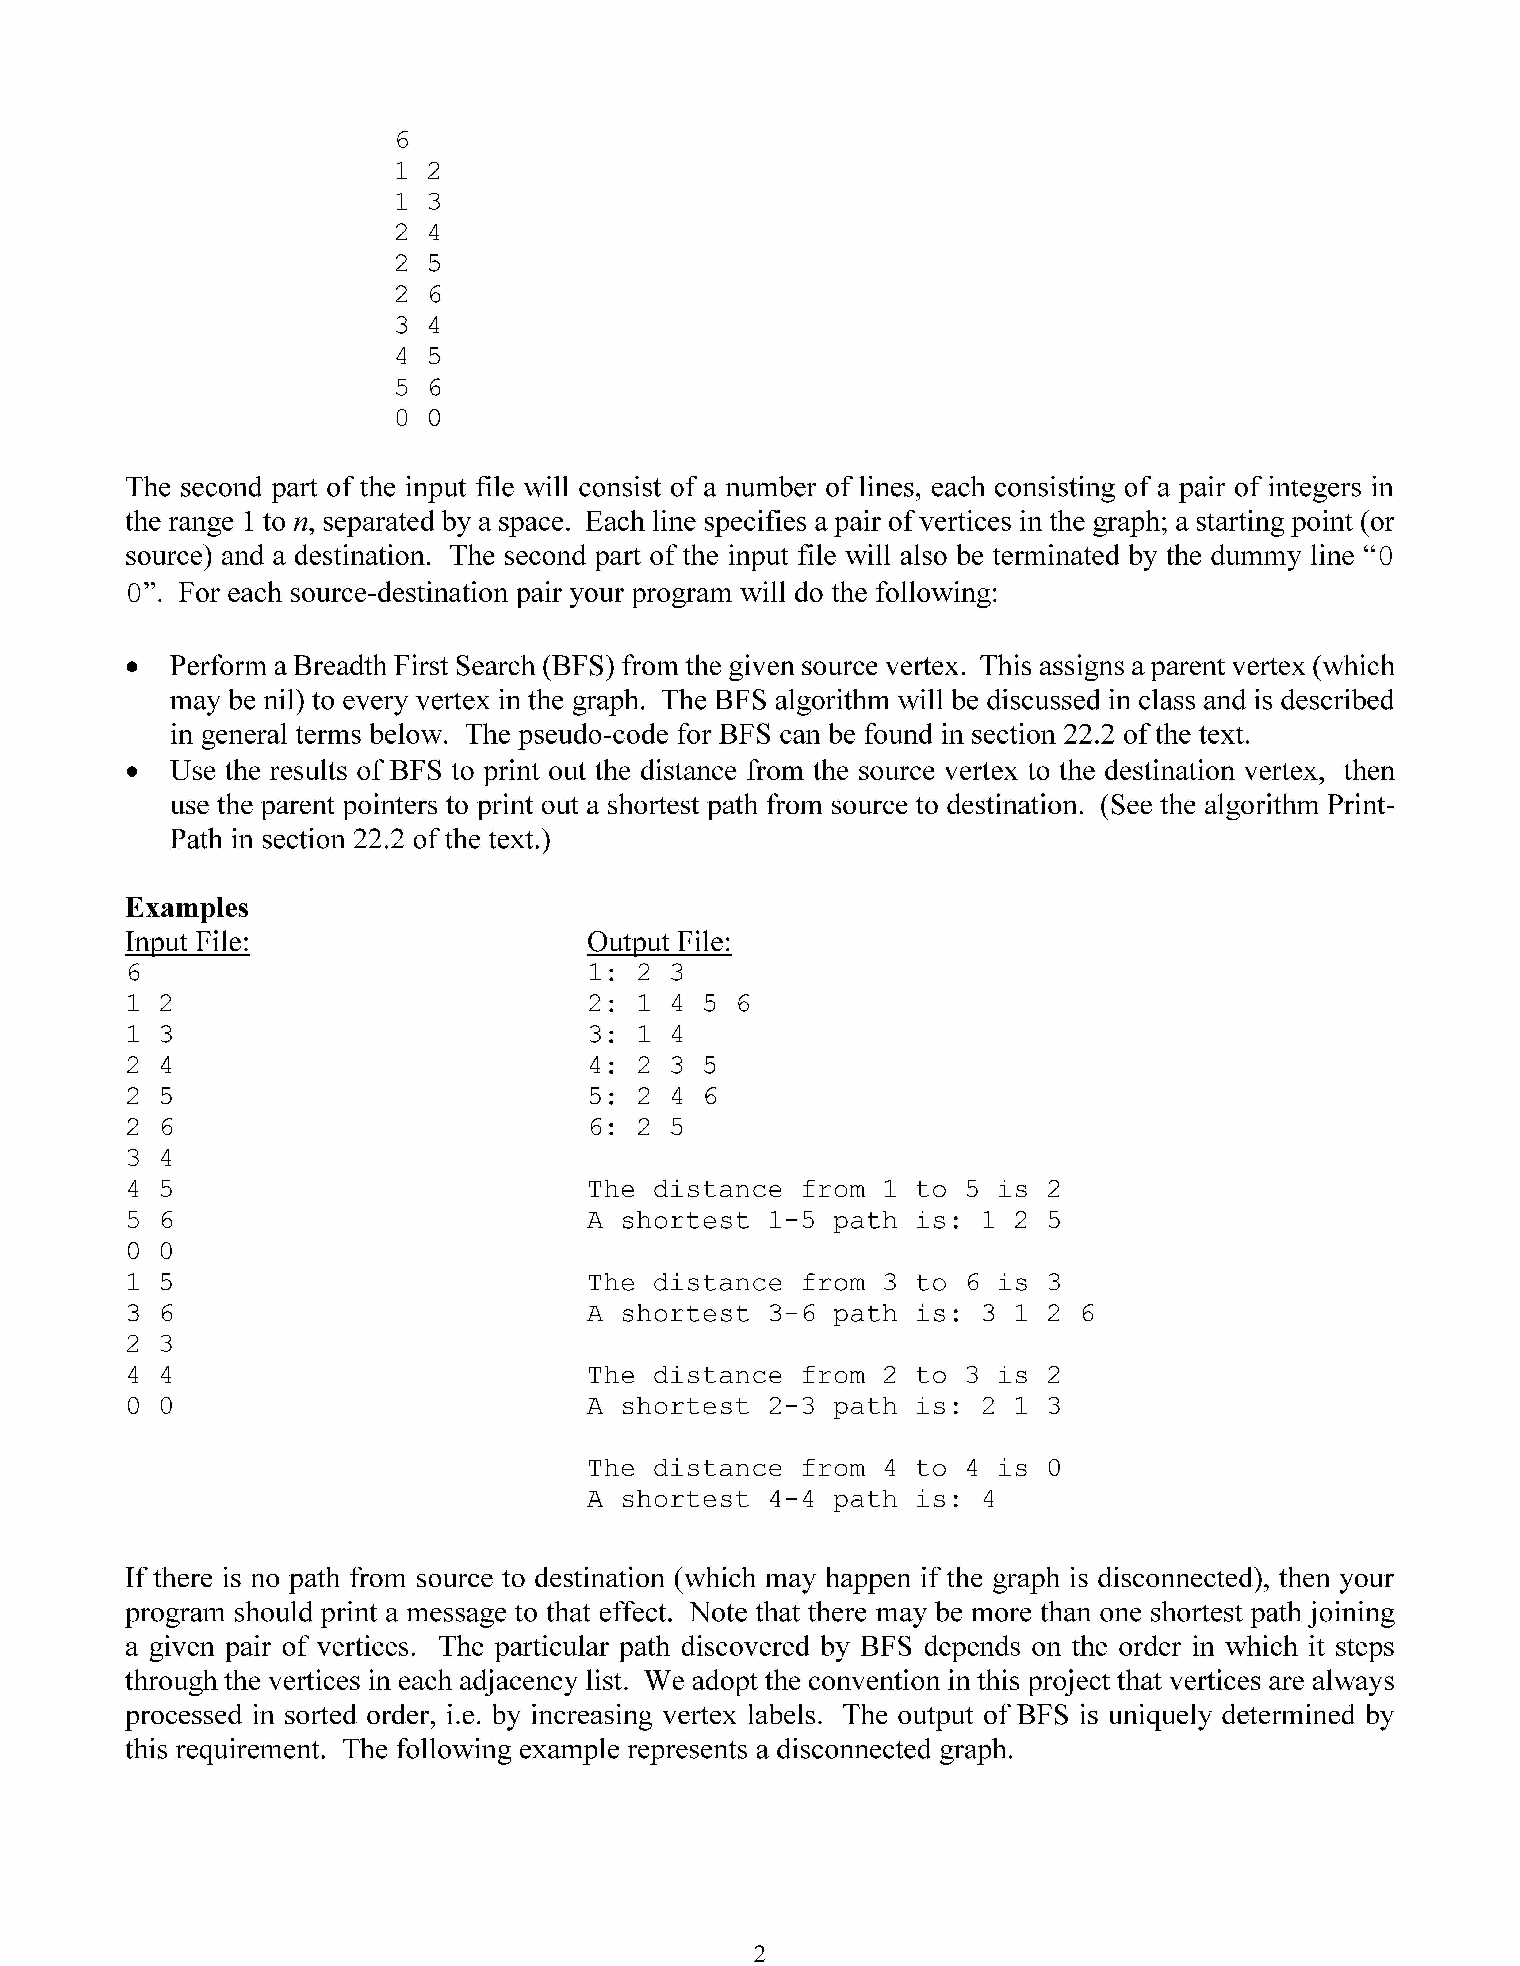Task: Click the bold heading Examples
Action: (x=186, y=907)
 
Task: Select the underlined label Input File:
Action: (x=187, y=942)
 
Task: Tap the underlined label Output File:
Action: (x=659, y=942)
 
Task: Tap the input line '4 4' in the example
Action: (x=149, y=1375)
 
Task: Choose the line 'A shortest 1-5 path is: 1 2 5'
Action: (x=824, y=1222)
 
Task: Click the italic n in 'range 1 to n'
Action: (x=300, y=522)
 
